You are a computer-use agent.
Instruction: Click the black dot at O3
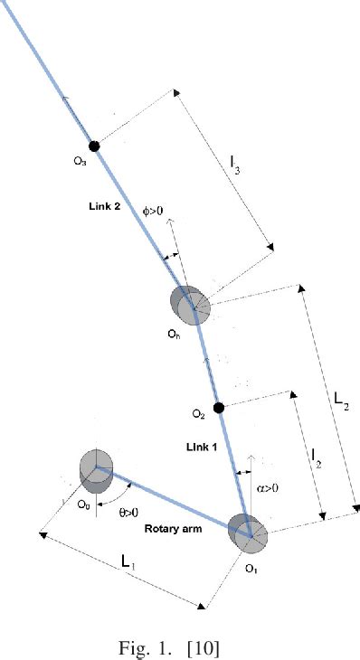tap(93, 146)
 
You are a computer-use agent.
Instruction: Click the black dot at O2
tap(218, 407)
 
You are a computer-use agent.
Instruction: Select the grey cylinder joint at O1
tap(247, 533)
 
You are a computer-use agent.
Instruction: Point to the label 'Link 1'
tap(202, 448)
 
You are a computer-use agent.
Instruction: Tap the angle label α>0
tap(268, 488)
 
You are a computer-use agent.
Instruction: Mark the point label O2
tap(199, 414)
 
